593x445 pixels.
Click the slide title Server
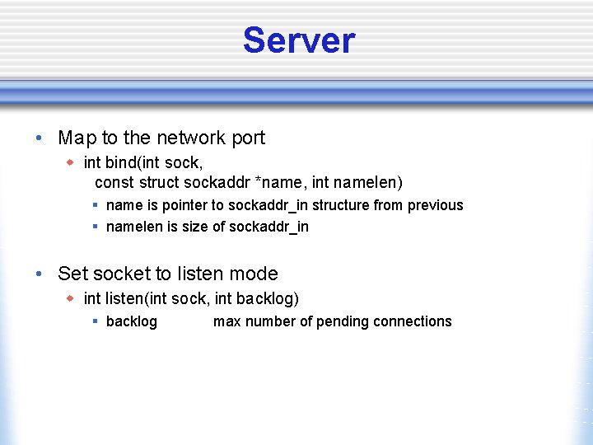pos(298,40)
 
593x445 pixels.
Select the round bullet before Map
pos(40,138)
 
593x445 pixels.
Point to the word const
pos(114,181)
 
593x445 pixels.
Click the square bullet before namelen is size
pos(96,227)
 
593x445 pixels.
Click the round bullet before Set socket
pos(40,274)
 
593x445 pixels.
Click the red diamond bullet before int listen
pos(72,297)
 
